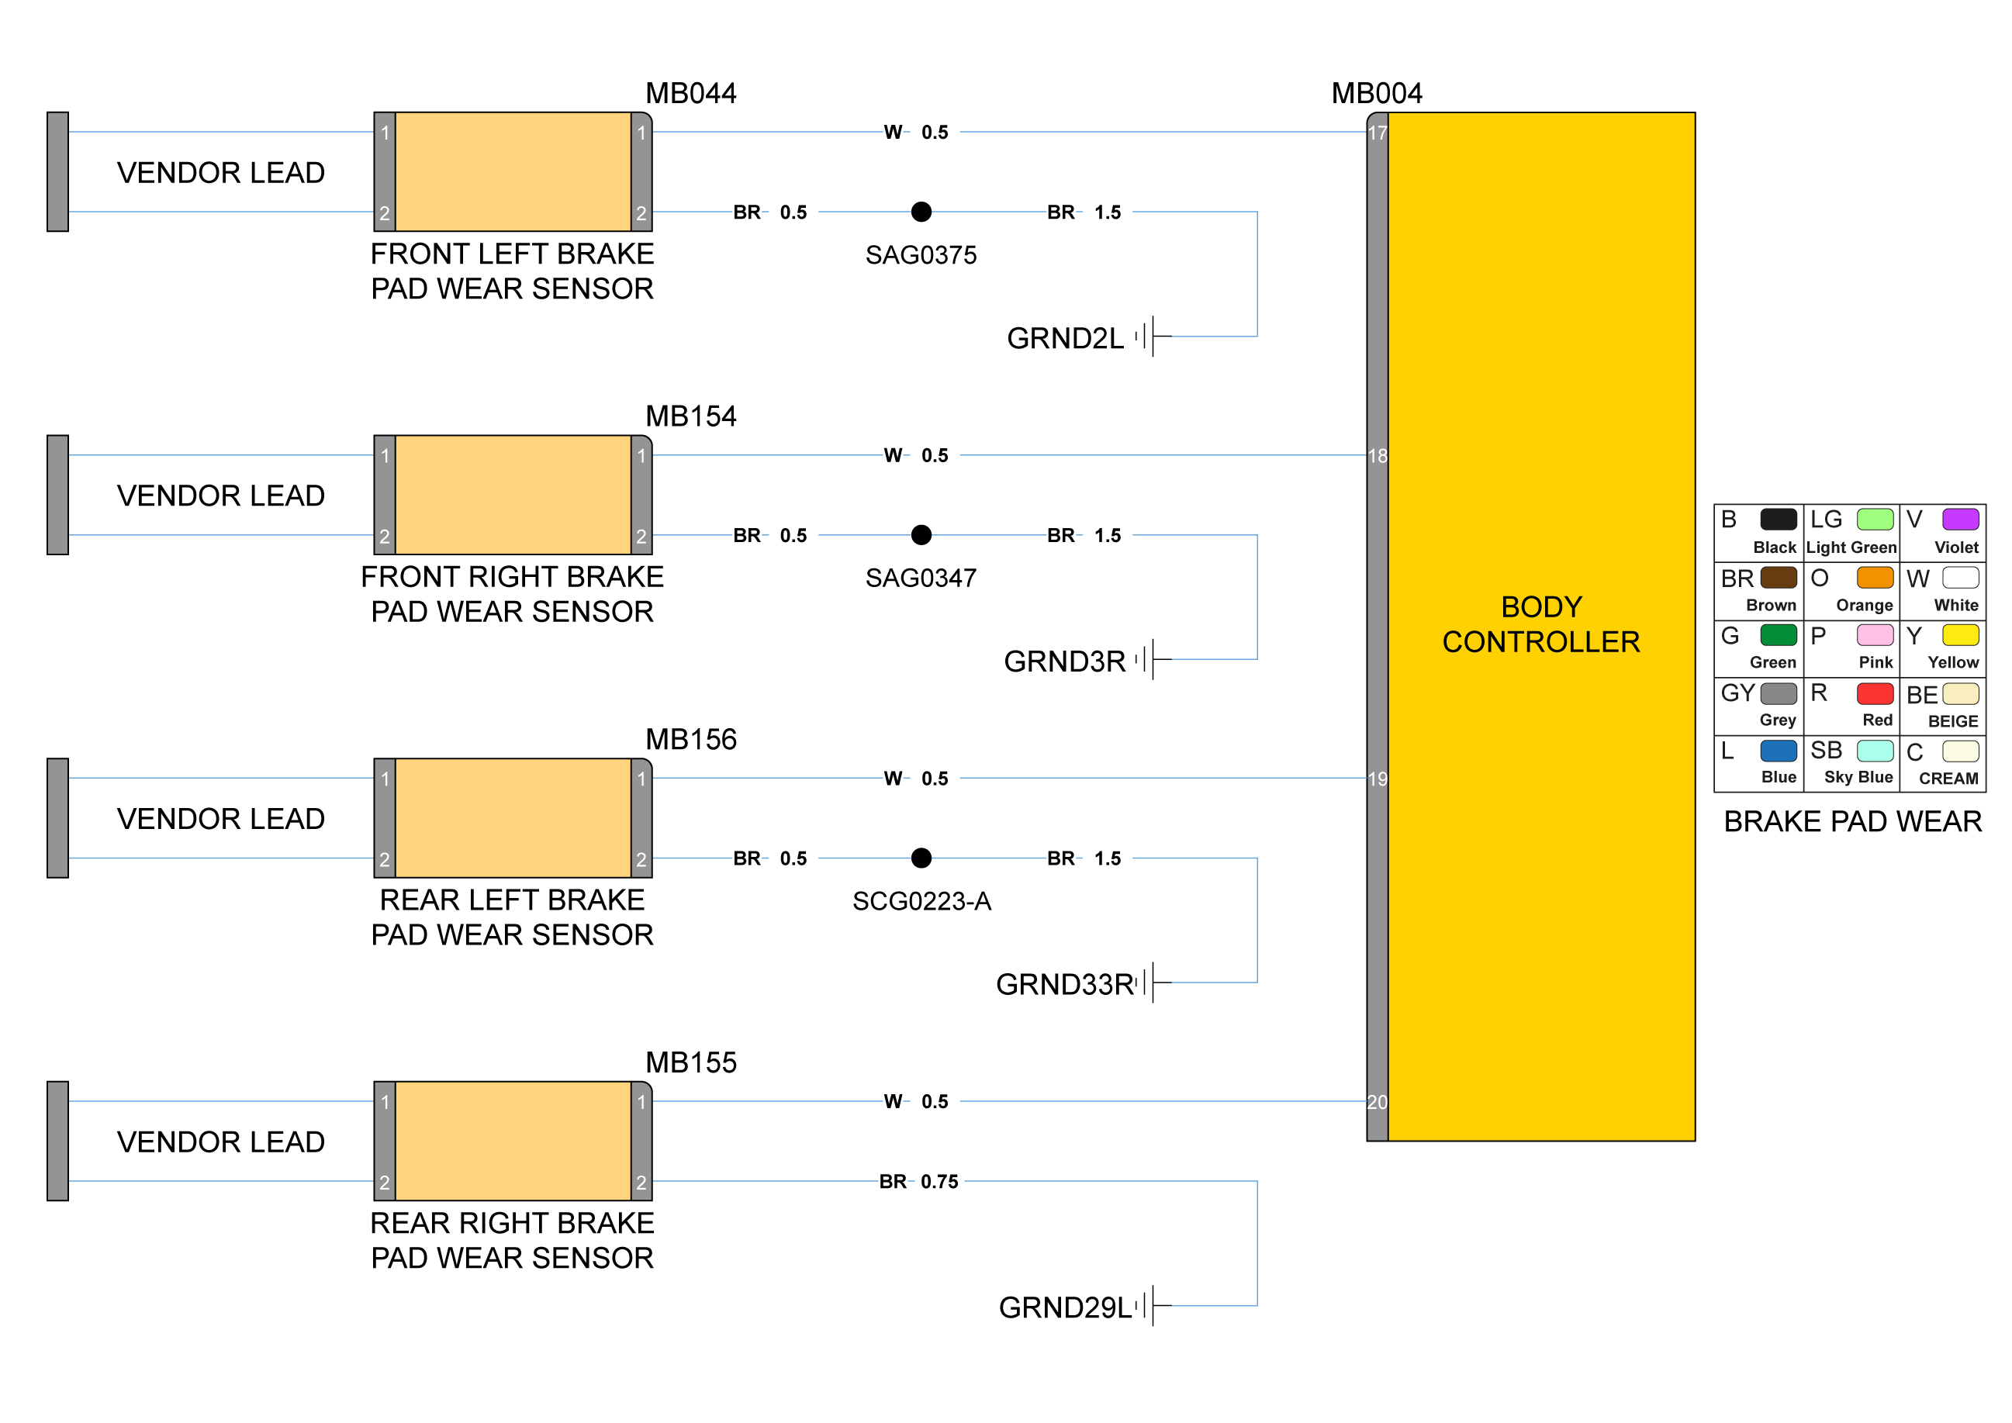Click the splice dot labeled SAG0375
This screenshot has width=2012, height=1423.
921,212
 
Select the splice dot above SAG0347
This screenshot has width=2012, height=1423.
921,534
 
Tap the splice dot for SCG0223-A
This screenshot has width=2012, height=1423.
921,858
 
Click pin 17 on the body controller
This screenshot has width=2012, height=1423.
1378,133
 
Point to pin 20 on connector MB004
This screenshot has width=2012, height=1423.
1378,1101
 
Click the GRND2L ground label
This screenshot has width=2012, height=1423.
1065,338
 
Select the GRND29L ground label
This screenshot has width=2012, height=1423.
1065,1307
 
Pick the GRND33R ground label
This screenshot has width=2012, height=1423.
1065,984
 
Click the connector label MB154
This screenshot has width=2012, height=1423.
690,416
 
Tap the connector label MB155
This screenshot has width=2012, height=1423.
690,1062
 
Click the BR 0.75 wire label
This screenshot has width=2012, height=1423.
918,1181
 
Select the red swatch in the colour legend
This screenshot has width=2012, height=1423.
1875,693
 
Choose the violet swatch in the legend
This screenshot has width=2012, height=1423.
1960,520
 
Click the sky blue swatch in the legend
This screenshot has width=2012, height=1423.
1875,751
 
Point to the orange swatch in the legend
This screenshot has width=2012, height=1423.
1875,578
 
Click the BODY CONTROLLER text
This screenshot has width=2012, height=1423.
1540,624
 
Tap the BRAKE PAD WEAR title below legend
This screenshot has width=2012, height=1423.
1851,821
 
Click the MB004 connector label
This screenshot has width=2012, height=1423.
1377,93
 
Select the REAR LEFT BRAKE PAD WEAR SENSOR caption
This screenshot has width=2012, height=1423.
512,917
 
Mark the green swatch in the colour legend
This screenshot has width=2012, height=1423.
1778,635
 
